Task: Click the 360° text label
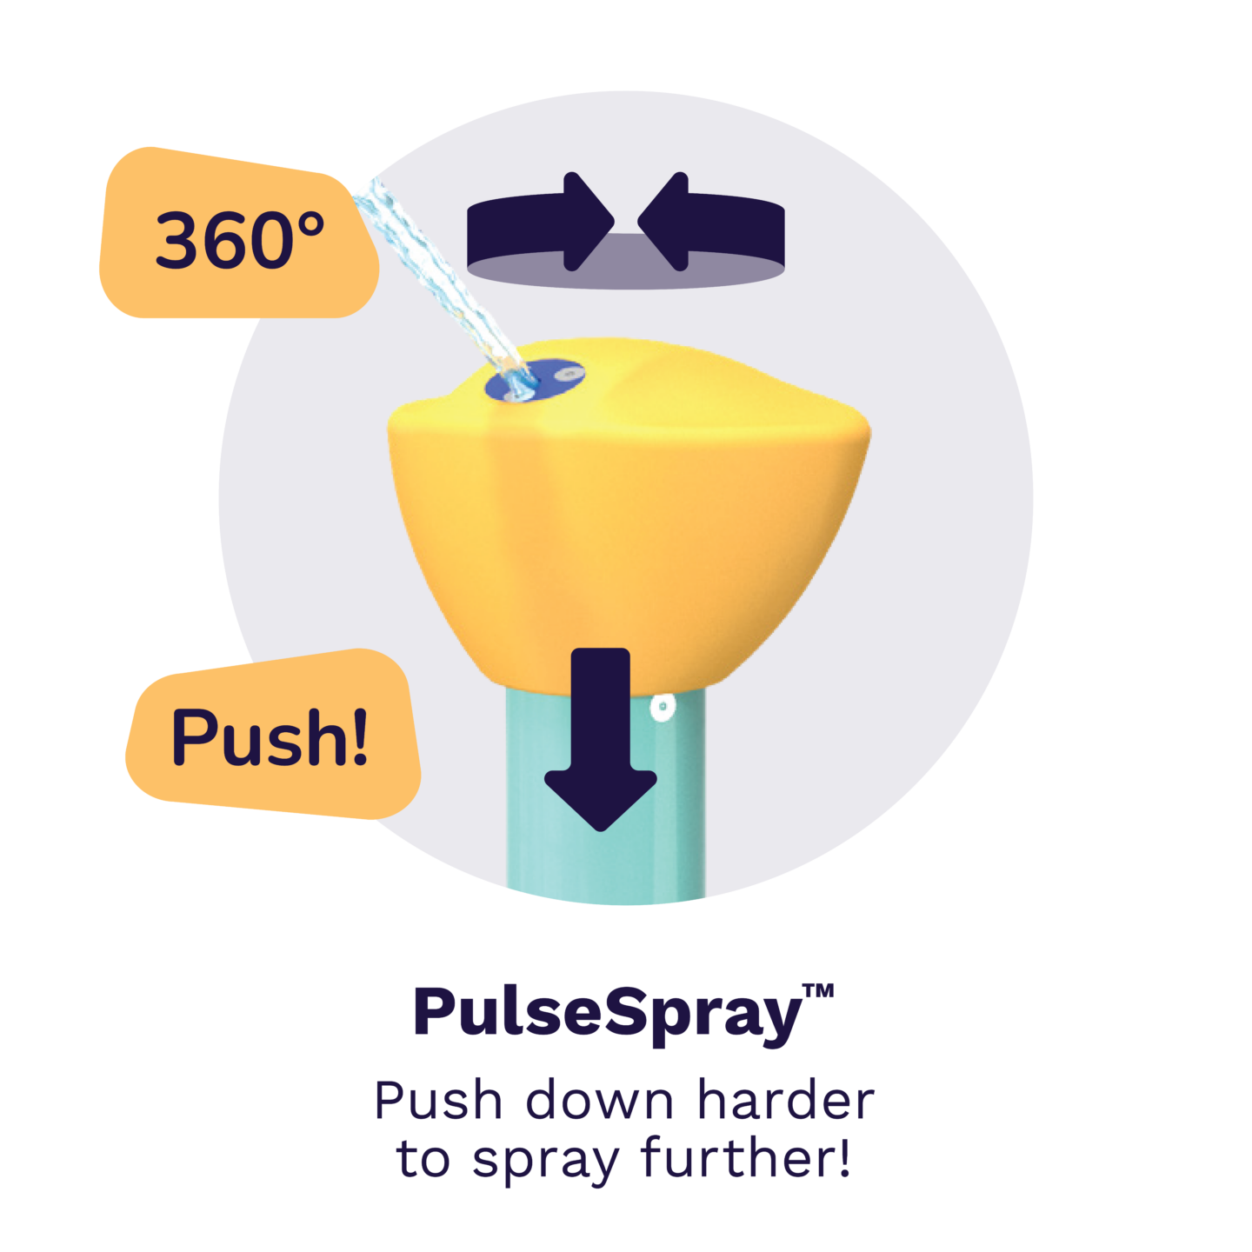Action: click(239, 239)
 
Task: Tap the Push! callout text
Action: click(270, 736)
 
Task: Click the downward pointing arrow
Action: click(600, 739)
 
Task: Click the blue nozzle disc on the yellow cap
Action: click(535, 380)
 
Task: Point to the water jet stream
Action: click(442, 286)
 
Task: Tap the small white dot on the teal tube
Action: click(662, 706)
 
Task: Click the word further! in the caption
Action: click(746, 1156)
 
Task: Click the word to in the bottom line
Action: click(423, 1158)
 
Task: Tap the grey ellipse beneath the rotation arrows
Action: click(626, 268)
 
